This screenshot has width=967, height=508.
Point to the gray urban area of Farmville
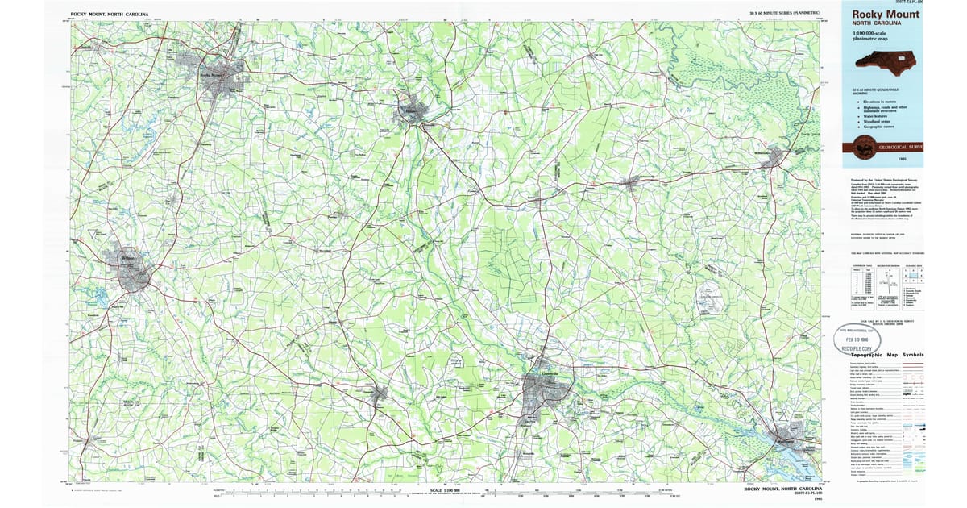click(379, 393)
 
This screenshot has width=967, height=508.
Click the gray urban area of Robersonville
click(637, 181)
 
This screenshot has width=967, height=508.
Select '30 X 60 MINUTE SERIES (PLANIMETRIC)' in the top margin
click(785, 14)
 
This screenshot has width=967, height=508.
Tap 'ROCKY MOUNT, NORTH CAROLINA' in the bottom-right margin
click(782, 489)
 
